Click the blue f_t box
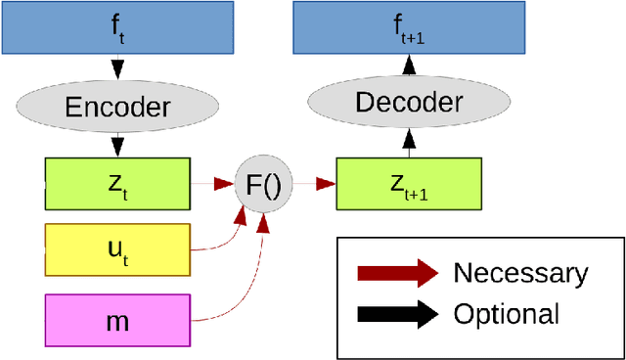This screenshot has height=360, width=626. click(117, 26)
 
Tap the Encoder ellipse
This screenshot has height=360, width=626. click(117, 107)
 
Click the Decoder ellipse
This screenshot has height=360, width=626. click(408, 101)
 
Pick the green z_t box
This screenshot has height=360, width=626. click(117, 183)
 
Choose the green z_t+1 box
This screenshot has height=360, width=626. click(409, 183)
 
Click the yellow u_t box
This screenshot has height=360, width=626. click(117, 249)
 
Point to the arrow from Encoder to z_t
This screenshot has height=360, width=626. click(117, 145)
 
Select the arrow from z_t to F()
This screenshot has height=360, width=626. click(212, 183)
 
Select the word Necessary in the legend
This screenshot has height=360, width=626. click(520, 273)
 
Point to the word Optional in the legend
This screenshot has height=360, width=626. click(506, 314)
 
